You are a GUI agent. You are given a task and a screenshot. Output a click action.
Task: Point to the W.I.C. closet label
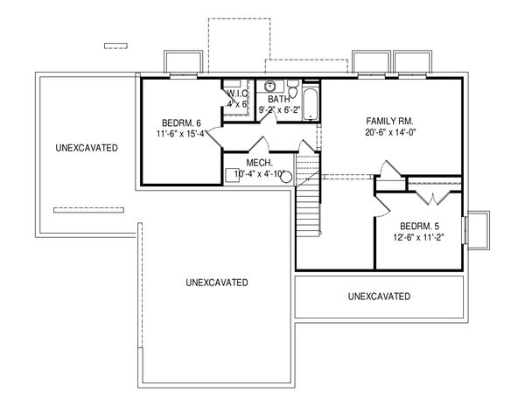(238, 94)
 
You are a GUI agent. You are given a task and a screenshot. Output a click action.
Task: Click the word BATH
(278, 99)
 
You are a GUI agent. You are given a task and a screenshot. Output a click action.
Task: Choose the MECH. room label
(261, 163)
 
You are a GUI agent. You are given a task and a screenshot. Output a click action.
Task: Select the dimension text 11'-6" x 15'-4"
(183, 134)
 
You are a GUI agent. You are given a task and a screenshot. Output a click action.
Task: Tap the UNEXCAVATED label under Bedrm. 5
(379, 297)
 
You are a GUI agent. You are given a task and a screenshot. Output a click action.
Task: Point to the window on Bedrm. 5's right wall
(467, 229)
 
